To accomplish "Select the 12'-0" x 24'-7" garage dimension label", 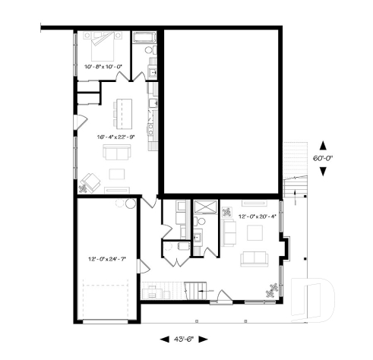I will pyautogui.click(x=106, y=260).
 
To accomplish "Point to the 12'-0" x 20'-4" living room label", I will pyautogui.click(x=257, y=216).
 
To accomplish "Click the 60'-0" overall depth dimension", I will pyautogui.click(x=324, y=158).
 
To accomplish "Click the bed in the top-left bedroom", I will pyautogui.click(x=103, y=48).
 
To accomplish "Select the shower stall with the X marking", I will pyautogui.click(x=204, y=207).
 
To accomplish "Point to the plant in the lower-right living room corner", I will pyautogui.click(x=271, y=287).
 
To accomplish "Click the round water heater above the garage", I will pyautogui.click(x=130, y=204).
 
